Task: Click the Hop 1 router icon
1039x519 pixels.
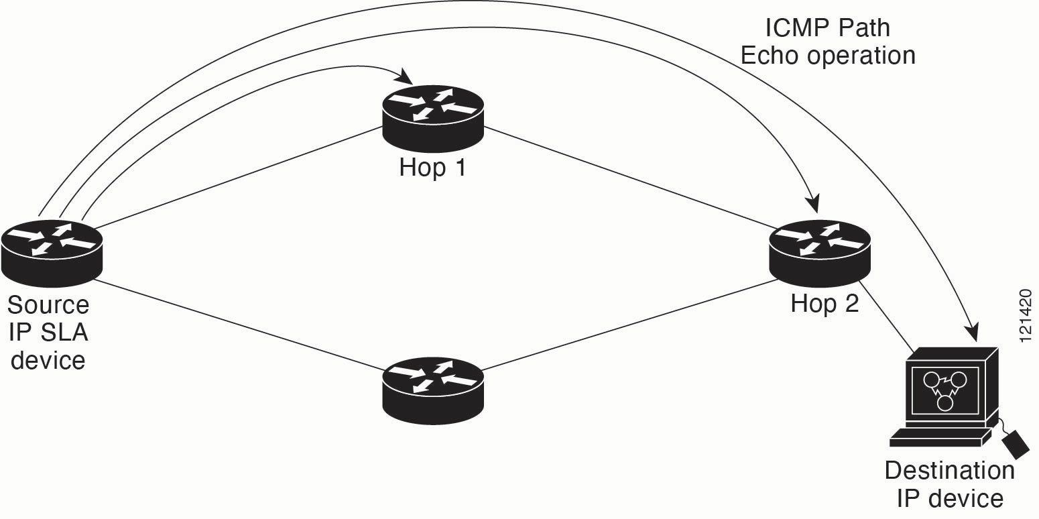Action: pyautogui.click(x=433, y=118)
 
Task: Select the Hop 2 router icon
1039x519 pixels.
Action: pyautogui.click(x=820, y=253)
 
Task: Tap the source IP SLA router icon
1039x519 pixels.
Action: pyautogui.click(x=52, y=253)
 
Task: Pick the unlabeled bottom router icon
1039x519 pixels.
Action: pyautogui.click(x=433, y=390)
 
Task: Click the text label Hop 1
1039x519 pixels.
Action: pyautogui.click(x=432, y=167)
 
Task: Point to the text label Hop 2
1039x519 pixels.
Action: pyautogui.click(x=824, y=304)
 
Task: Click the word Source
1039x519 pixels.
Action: pyautogui.click(x=48, y=304)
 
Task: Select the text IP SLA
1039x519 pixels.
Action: pyautogui.click(x=48, y=333)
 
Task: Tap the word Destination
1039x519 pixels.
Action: pyautogui.click(x=950, y=470)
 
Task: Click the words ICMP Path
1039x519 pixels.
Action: pyautogui.click(x=827, y=28)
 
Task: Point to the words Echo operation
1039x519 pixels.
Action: pyautogui.click(x=828, y=56)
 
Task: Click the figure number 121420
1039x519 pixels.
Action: pyautogui.click(x=1026, y=316)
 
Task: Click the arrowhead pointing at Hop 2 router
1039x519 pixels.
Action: pyautogui.click(x=812, y=203)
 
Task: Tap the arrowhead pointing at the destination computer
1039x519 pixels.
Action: pyautogui.click(x=971, y=332)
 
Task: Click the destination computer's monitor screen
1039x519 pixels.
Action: pyautogui.click(x=945, y=391)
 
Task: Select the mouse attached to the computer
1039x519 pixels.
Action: pyautogui.click(x=1016, y=445)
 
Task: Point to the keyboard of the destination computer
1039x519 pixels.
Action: pyautogui.click(x=940, y=437)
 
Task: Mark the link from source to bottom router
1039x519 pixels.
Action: pyautogui.click(x=239, y=326)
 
